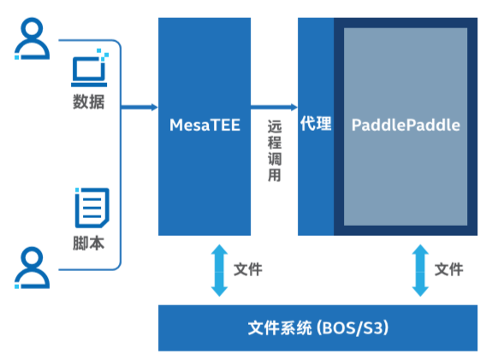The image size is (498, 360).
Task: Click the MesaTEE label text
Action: coord(205,125)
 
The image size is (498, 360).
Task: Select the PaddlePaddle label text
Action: coord(406,125)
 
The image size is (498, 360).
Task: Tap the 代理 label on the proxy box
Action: coord(315,124)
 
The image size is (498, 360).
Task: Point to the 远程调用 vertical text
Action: coord(274,150)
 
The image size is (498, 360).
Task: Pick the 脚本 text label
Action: coord(89,242)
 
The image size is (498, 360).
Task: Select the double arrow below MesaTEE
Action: coord(219,269)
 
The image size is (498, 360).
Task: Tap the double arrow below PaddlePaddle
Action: coord(419,269)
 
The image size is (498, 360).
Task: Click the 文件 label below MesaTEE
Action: coord(248,269)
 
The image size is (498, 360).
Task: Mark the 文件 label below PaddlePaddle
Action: coord(448,269)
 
